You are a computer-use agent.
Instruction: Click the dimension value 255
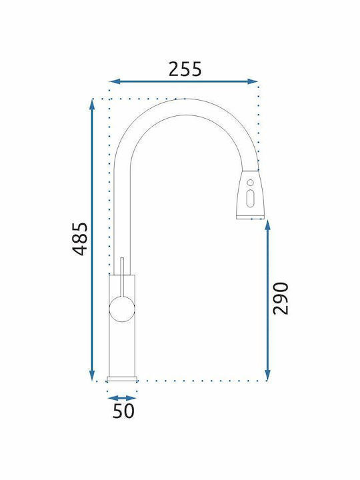pyautogui.click(x=185, y=69)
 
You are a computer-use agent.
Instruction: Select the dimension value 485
pyautogui.click(x=80, y=239)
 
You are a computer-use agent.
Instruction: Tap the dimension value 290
pyautogui.click(x=281, y=299)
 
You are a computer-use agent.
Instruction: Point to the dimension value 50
pyautogui.click(x=123, y=411)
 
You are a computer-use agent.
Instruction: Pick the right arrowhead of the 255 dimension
pyautogui.click(x=252, y=81)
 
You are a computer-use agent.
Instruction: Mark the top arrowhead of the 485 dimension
pyautogui.click(x=92, y=104)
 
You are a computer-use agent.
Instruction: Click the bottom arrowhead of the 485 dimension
pyautogui.click(x=92, y=375)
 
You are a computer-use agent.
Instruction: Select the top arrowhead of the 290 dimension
pyautogui.click(x=267, y=225)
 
